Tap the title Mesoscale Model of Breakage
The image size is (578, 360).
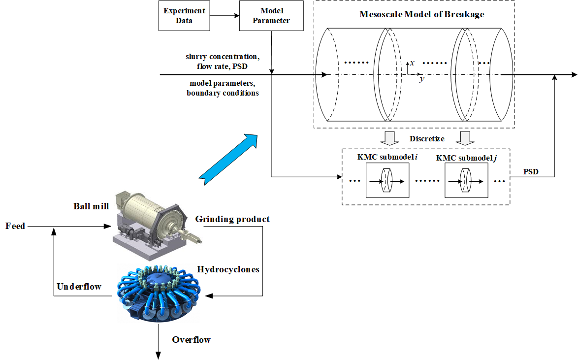[x=422, y=14]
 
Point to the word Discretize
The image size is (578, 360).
[x=427, y=139]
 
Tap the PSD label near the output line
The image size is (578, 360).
[x=530, y=172]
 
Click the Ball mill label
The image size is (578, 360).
[x=91, y=205]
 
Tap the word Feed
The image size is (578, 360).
[x=15, y=226]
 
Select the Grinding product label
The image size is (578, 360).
[x=232, y=219]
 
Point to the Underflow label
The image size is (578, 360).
[x=79, y=286]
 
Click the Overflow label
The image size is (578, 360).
[x=191, y=340]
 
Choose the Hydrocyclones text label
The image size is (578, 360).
[x=228, y=269]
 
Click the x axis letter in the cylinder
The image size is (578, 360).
[x=412, y=63]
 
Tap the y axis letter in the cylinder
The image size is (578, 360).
[x=421, y=79]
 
